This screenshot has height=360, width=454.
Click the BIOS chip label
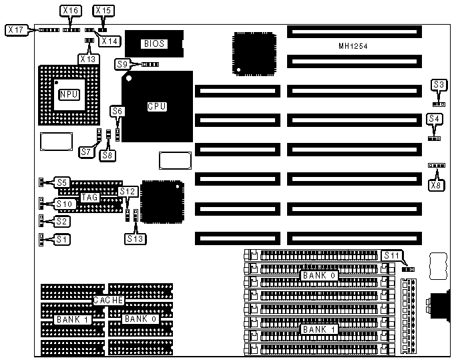coord(154,43)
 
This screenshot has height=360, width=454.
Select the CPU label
coord(157,106)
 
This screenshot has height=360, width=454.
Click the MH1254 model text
coord(355,46)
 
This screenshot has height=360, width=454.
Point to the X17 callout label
coord(16,29)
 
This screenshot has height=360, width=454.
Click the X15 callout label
coord(103,11)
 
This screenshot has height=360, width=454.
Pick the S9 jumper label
coord(122,64)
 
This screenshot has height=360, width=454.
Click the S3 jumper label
coord(439,85)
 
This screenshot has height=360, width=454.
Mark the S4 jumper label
coord(435,119)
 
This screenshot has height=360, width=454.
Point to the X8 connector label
coord(437,185)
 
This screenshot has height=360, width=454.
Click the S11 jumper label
coord(391,255)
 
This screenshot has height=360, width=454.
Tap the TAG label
coord(89,197)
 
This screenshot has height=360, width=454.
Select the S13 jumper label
coord(134,237)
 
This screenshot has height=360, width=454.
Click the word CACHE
coord(108,301)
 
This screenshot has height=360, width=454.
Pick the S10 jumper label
coord(64,204)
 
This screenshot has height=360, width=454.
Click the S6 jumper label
coord(118,112)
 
